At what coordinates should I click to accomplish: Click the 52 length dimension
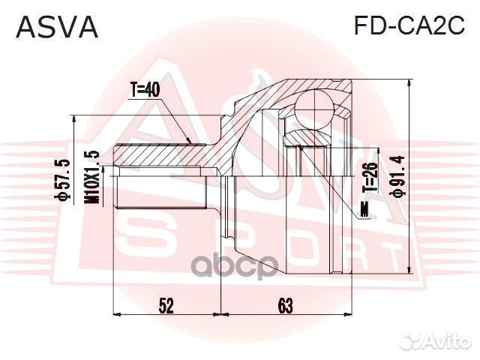click(166, 305)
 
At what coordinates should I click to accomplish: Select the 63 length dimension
click(285, 305)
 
